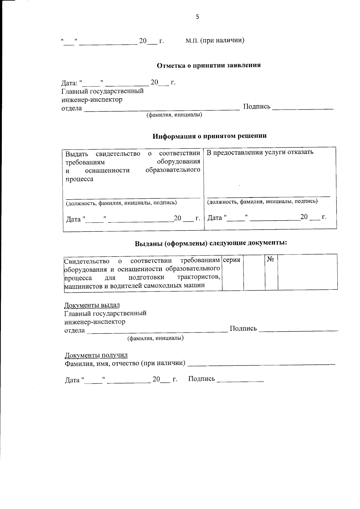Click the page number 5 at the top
pyautogui.click(x=197, y=17)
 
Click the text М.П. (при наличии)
pyautogui.click(x=215, y=40)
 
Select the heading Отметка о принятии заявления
pyautogui.click(x=209, y=65)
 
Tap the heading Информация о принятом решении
pyautogui.click(x=209, y=136)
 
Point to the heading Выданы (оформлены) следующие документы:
pyautogui.click(x=211, y=243)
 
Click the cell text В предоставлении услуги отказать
pyautogui.click(x=260, y=152)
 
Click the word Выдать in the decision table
pyautogui.click(x=77, y=154)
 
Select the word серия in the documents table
pyautogui.click(x=232, y=260)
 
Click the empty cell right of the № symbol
pyautogui.click(x=307, y=272)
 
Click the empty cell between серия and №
pyautogui.click(x=254, y=272)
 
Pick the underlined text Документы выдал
pyautogui.click(x=92, y=305)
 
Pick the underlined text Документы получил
pyautogui.click(x=96, y=355)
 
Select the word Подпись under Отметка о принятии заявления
pyautogui.click(x=256, y=107)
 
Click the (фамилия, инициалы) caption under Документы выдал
pyautogui.click(x=155, y=338)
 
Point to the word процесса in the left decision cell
pyautogui.click(x=79, y=179)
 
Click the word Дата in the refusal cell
pyautogui.click(x=215, y=218)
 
